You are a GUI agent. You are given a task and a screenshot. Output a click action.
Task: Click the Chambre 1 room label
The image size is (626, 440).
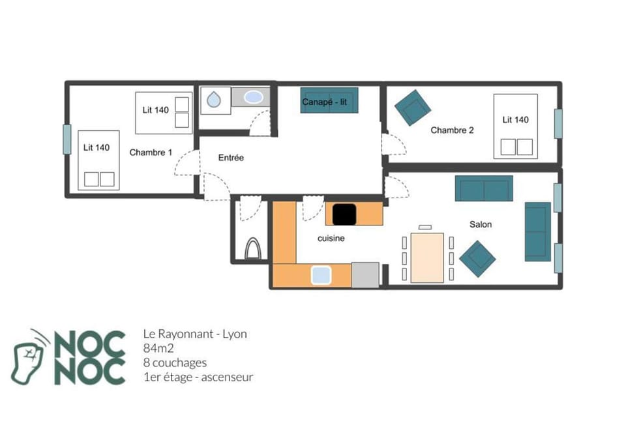pos(151,153)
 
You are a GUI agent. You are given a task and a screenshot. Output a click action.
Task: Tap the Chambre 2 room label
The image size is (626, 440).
pos(452,130)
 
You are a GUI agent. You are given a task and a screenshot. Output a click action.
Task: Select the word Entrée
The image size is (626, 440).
pos(231,158)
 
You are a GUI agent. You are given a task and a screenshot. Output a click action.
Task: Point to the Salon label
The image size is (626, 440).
pos(481,224)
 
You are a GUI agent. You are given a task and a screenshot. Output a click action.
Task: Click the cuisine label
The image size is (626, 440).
pos(331,239)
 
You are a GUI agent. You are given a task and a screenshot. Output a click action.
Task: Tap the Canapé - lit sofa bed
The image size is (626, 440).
pos(329,100)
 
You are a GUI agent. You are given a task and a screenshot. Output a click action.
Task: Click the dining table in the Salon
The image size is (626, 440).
pos(426,257)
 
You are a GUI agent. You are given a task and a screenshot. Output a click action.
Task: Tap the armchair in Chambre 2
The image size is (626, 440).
pos(413,107)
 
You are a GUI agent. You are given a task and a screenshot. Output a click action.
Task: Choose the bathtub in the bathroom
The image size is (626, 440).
pos(254,98)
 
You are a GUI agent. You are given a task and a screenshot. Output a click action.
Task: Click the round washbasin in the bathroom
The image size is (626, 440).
pos(215,100)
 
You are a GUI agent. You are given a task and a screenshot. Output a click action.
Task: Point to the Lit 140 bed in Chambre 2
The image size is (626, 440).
pos(515,126)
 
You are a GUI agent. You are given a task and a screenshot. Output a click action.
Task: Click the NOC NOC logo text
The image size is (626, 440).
pos(89,357)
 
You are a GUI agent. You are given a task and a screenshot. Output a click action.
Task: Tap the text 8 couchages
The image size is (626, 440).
pos(175,362)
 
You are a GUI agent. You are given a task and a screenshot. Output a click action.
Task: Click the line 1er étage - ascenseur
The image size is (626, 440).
pos(198,377)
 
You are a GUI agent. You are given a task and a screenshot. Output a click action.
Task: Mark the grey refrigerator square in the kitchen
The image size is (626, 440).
pos(365,274)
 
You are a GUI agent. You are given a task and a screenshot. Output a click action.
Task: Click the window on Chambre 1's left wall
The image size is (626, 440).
pos(67,139)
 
